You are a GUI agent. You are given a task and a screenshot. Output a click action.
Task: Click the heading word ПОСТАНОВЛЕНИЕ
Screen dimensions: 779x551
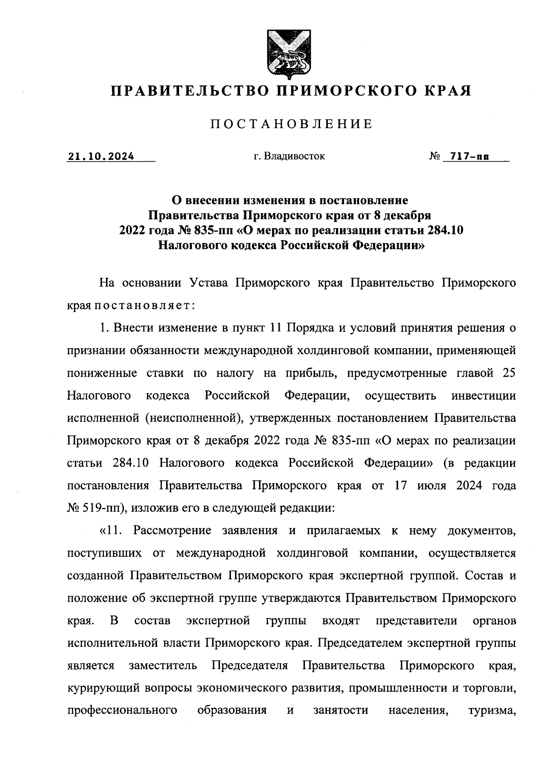(292, 124)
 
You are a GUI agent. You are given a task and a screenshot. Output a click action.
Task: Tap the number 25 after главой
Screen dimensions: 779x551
(509, 373)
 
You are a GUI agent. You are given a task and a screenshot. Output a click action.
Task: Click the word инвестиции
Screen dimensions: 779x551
(484, 395)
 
